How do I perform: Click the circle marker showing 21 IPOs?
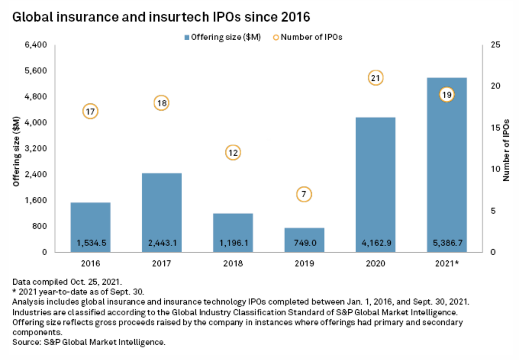point(376,78)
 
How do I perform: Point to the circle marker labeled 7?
point(304,194)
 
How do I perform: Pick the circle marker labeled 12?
point(233,152)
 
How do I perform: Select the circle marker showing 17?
point(90,111)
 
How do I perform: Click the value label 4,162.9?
point(376,243)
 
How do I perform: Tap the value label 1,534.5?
point(90,243)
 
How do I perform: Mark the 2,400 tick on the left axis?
point(36,174)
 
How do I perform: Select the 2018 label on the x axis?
point(233,264)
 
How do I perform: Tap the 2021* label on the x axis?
point(447,264)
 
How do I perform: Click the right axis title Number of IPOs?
point(506,148)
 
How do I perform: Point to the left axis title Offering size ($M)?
point(17,150)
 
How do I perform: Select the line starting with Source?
point(89,342)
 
